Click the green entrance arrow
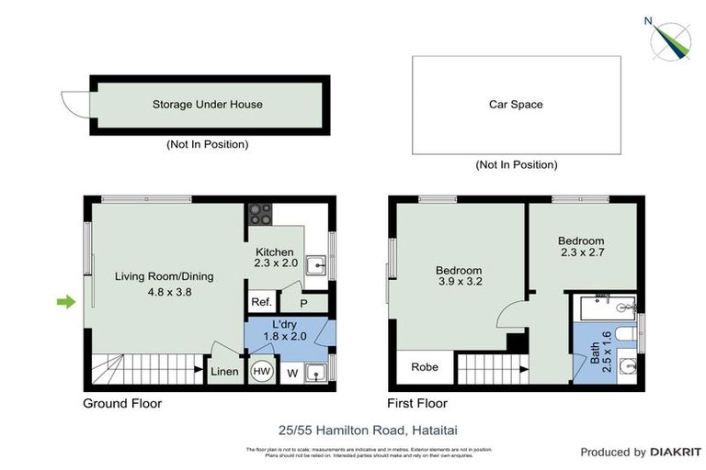point(65,301)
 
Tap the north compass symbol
point(672,39)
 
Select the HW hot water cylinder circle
point(261,371)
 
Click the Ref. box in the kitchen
point(260,303)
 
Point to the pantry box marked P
point(302,303)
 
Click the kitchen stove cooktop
point(260,214)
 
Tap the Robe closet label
point(425,367)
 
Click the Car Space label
point(515,105)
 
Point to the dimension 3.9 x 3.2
point(458,285)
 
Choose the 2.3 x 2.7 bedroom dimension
point(581,252)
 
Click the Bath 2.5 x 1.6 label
point(600,347)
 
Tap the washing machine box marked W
point(292,372)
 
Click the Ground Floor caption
point(122,403)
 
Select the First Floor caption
point(418,403)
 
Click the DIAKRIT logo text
point(677,452)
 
